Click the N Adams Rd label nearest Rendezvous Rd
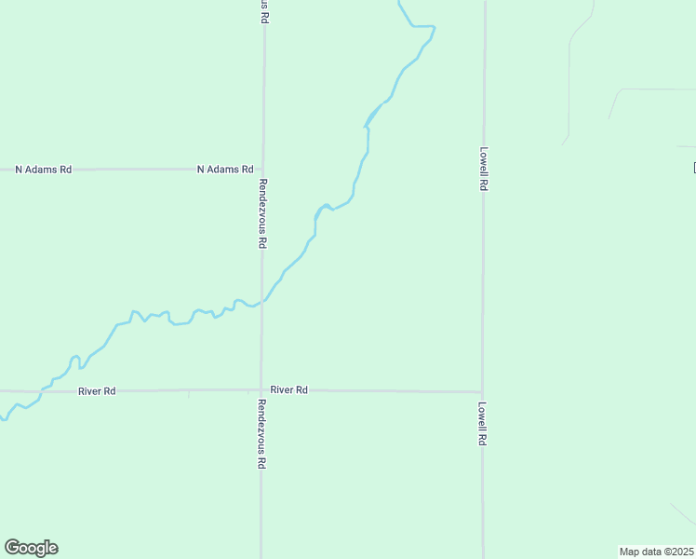[x=225, y=170]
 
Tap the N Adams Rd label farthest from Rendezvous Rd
[x=43, y=170]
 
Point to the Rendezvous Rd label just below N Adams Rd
[x=263, y=212]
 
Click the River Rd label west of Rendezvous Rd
[x=97, y=391]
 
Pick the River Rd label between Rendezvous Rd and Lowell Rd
[x=289, y=389]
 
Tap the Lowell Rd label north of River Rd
[x=484, y=168]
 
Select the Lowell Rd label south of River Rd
[x=483, y=423]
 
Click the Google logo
[x=31, y=548]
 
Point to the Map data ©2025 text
[x=657, y=552]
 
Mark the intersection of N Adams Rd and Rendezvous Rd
[x=263, y=170]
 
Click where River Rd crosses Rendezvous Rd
[x=261, y=390]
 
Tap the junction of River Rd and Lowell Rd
[x=482, y=391]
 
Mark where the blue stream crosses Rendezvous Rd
[x=262, y=301]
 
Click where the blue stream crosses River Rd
[x=41, y=390]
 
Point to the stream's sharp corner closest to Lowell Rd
[x=435, y=27]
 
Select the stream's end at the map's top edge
[x=398, y=2]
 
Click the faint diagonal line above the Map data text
[x=682, y=514]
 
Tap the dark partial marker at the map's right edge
[x=694, y=168]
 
